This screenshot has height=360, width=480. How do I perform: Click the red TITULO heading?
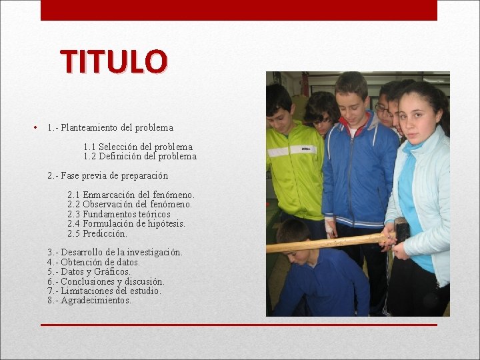click(x=113, y=61)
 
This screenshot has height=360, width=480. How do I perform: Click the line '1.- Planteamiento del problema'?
click(x=110, y=127)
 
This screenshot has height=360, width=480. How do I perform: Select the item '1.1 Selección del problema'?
click(x=138, y=147)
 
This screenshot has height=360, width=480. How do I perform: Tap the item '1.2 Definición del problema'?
click(x=140, y=157)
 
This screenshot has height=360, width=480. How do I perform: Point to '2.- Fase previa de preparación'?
click(x=107, y=176)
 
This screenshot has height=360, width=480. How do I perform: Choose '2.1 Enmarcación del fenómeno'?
click(x=131, y=195)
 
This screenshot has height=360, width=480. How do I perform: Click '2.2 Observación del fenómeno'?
click(x=129, y=205)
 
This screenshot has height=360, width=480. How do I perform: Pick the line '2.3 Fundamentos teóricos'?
click(x=119, y=215)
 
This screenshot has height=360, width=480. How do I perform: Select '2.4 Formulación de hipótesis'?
click(x=126, y=224)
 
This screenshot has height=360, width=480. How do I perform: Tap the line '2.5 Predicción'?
click(x=97, y=234)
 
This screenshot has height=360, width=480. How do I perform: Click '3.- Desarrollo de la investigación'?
click(x=115, y=253)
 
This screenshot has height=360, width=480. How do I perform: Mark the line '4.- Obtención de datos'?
click(x=93, y=263)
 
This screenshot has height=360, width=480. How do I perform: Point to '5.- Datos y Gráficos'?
click(x=89, y=272)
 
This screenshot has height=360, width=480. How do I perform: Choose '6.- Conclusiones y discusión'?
click(x=105, y=282)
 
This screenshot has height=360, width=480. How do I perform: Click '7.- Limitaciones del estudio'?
click(x=104, y=291)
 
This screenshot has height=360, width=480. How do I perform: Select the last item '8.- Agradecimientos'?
click(x=89, y=301)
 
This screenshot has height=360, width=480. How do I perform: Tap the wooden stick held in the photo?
click(x=320, y=243)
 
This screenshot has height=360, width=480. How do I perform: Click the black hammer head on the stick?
click(x=401, y=231)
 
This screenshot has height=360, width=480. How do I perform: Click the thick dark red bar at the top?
click(x=239, y=10)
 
